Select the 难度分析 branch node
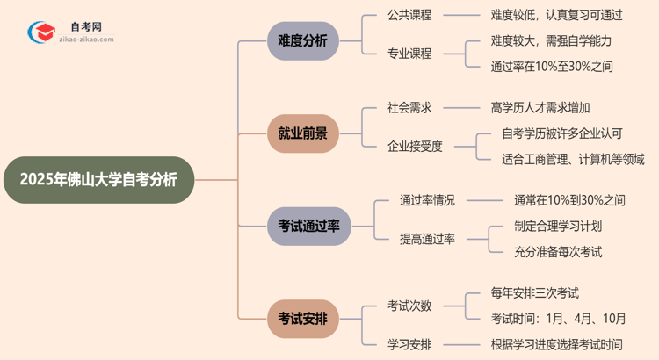click(302, 40)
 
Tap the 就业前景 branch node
click(302, 133)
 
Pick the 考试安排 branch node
click(302, 318)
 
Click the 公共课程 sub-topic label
click(409, 15)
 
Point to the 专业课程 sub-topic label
click(409, 54)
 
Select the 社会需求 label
click(409, 107)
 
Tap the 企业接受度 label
click(416, 146)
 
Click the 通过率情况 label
click(428, 200)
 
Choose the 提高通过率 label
click(428, 239)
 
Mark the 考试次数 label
click(409, 306)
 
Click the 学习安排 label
click(409, 344)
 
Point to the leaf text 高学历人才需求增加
click(540, 107)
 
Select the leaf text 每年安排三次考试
click(535, 292)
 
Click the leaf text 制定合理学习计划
click(558, 226)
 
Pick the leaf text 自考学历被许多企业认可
click(562, 133)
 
